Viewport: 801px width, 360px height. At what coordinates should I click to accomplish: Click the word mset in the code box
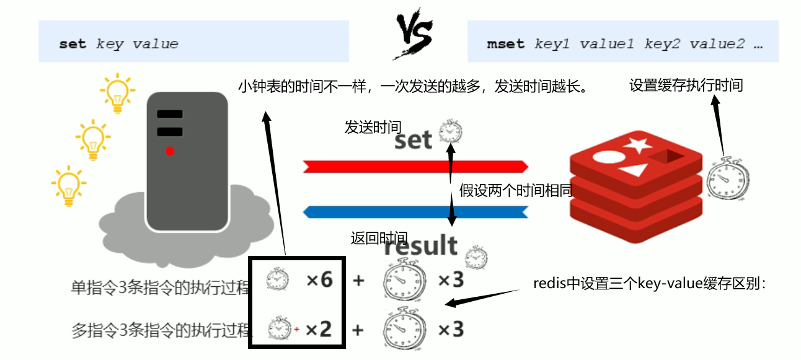point(505,44)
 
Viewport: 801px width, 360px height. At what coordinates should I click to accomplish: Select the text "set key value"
point(118,44)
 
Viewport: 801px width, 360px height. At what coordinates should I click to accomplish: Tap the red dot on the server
point(169,151)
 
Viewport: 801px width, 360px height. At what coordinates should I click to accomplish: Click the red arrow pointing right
point(415,166)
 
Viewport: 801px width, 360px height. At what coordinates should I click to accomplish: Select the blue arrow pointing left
point(415,212)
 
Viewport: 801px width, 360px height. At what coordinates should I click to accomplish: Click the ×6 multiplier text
point(320,280)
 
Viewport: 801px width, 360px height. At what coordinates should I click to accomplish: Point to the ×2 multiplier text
point(319,329)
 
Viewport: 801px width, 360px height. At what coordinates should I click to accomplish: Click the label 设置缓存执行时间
point(686,86)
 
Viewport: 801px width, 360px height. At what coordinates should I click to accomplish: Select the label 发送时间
point(373,127)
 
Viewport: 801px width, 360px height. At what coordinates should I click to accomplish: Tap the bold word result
point(420,246)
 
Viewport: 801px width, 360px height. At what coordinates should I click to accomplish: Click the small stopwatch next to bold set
point(450,131)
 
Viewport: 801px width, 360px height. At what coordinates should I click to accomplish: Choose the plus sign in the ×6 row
point(358,281)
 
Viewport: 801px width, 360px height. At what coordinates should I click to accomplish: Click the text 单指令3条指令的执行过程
point(161,288)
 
